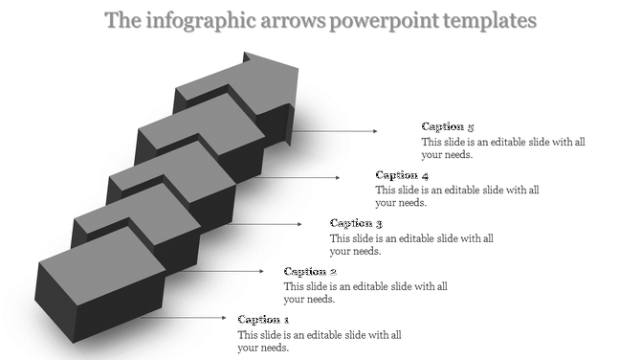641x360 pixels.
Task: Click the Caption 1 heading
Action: coord(263,320)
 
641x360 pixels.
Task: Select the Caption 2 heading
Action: coord(310,272)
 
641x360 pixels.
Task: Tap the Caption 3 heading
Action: coord(356,224)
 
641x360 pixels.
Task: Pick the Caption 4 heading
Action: coord(402,175)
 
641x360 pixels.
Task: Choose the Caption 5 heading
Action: coord(448,127)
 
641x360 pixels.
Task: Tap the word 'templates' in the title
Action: coord(491,20)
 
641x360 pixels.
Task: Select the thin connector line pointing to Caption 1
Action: coord(182,318)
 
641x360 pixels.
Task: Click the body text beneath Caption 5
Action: coord(502,147)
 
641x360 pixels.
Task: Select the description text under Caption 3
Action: coord(410,244)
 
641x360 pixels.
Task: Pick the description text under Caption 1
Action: coord(319,341)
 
